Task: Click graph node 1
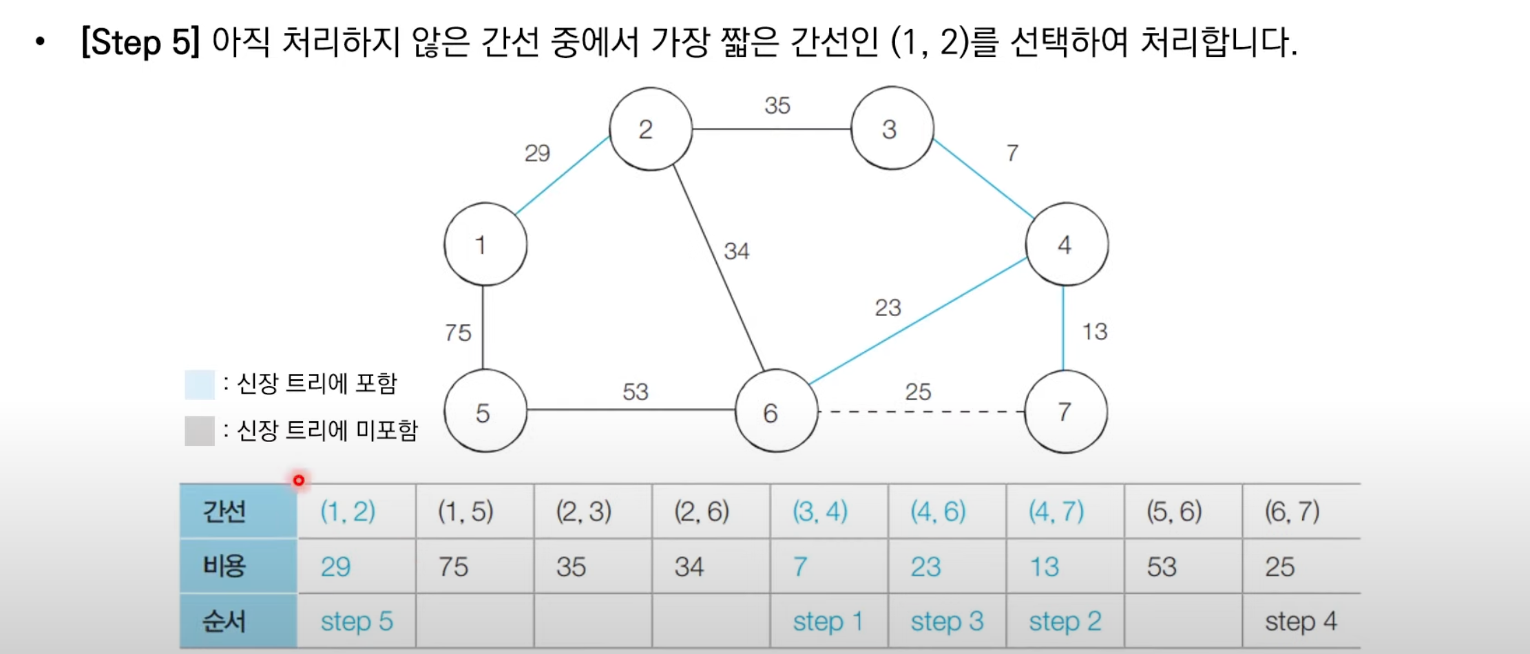pos(485,244)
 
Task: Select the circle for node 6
pos(776,412)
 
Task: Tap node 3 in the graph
pos(892,129)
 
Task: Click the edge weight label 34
pos(736,251)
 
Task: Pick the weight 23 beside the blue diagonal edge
pos(888,307)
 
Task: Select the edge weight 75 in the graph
pos(458,333)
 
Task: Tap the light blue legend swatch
pos(200,384)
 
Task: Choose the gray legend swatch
pos(200,431)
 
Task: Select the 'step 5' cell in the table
pos(357,621)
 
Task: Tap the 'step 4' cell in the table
pos(1300,621)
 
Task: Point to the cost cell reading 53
pos(1162,567)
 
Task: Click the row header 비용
pos(224,566)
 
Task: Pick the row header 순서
pos(224,621)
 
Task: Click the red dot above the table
pos(298,480)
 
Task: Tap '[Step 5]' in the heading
pos(140,42)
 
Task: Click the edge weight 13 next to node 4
pos(1094,331)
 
